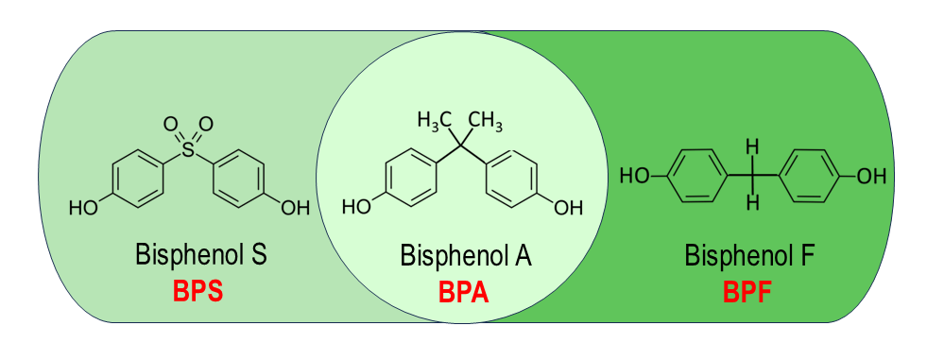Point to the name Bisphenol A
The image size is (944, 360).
(x=464, y=256)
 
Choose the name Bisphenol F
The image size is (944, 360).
(x=747, y=256)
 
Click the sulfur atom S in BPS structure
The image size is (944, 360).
(x=188, y=148)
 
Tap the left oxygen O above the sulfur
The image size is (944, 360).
(x=170, y=124)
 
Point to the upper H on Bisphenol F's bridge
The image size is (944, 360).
(x=752, y=147)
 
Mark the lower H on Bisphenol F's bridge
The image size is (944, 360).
(x=752, y=201)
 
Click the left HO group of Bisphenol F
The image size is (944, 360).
(x=634, y=175)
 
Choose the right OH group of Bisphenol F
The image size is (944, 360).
(x=871, y=175)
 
